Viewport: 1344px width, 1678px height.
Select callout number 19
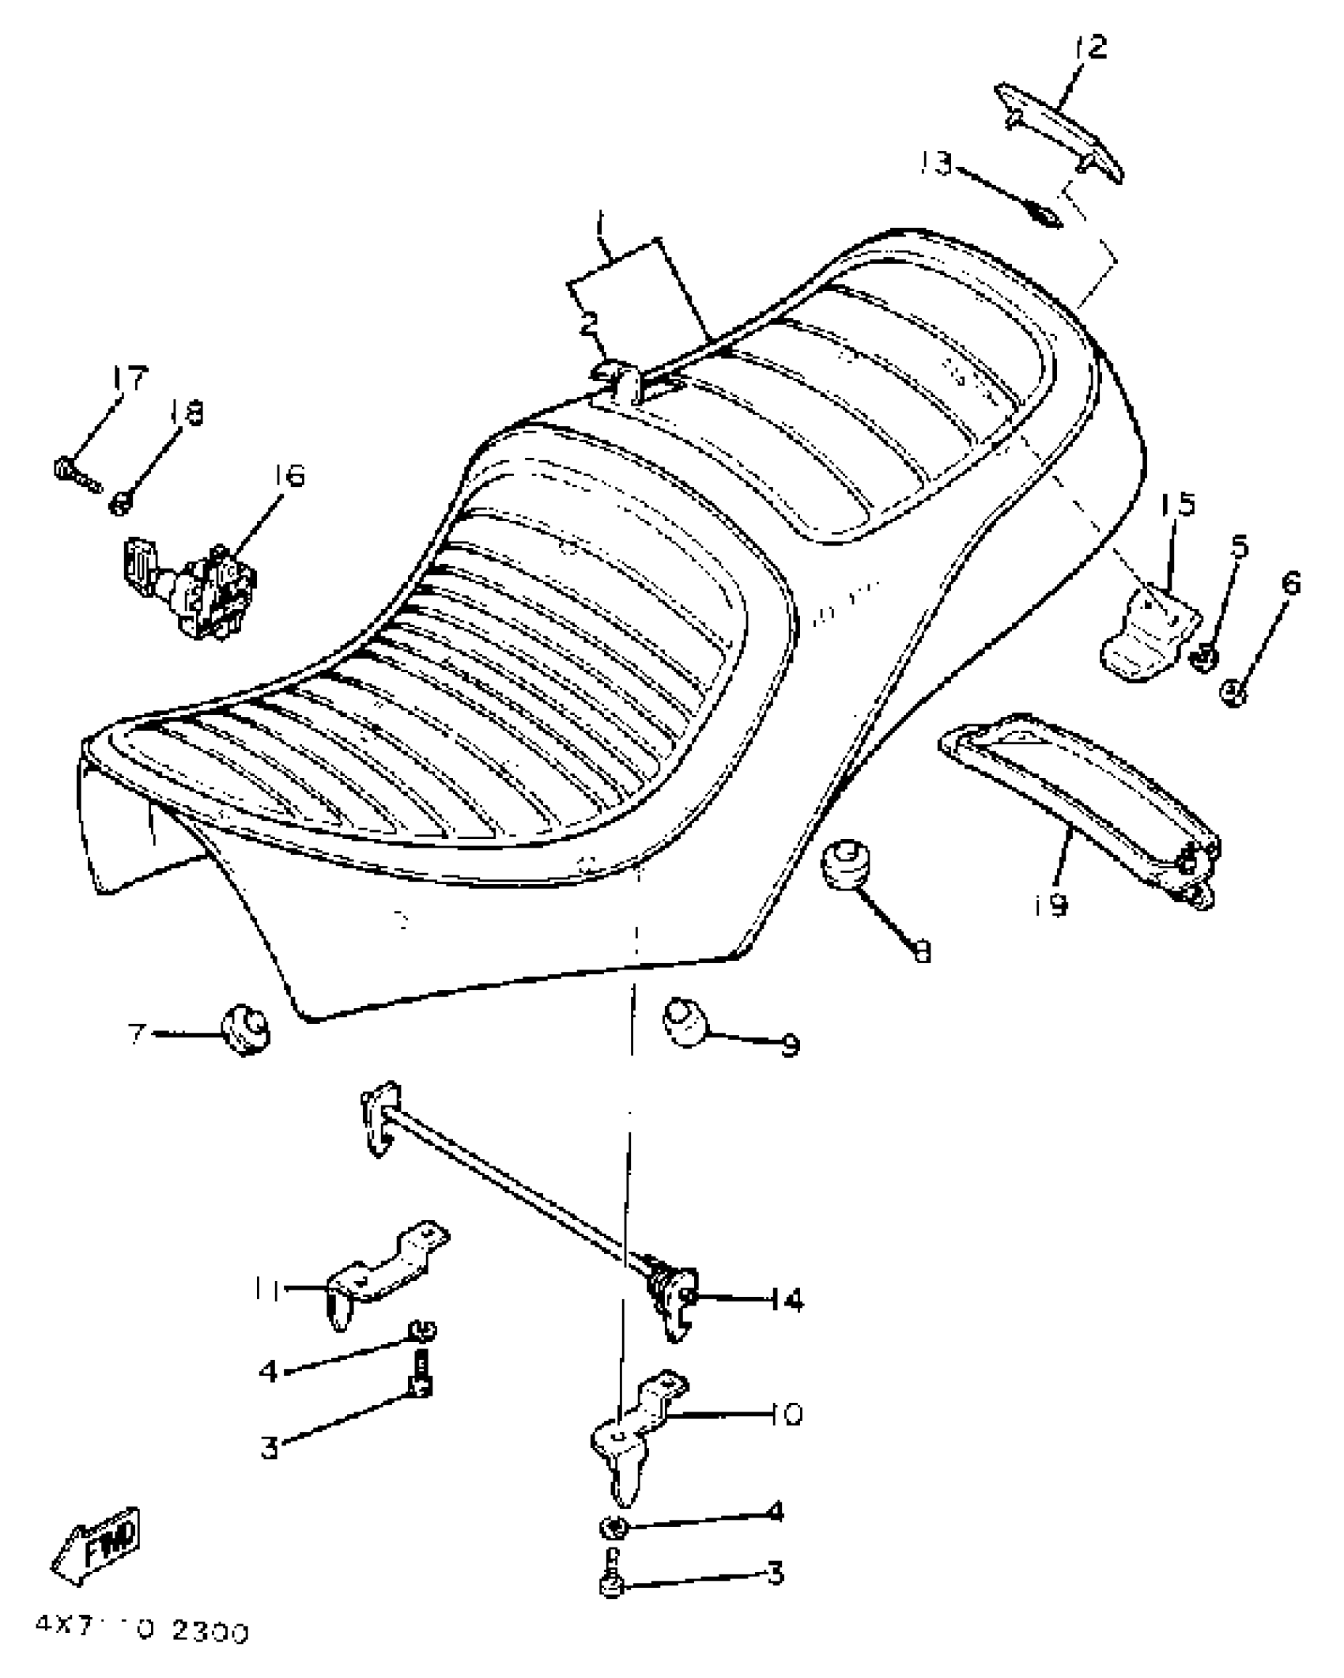click(x=1051, y=905)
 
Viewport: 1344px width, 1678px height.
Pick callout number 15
click(x=1179, y=505)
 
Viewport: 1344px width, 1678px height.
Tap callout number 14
click(x=785, y=1299)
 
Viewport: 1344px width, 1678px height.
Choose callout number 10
click(x=785, y=1413)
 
